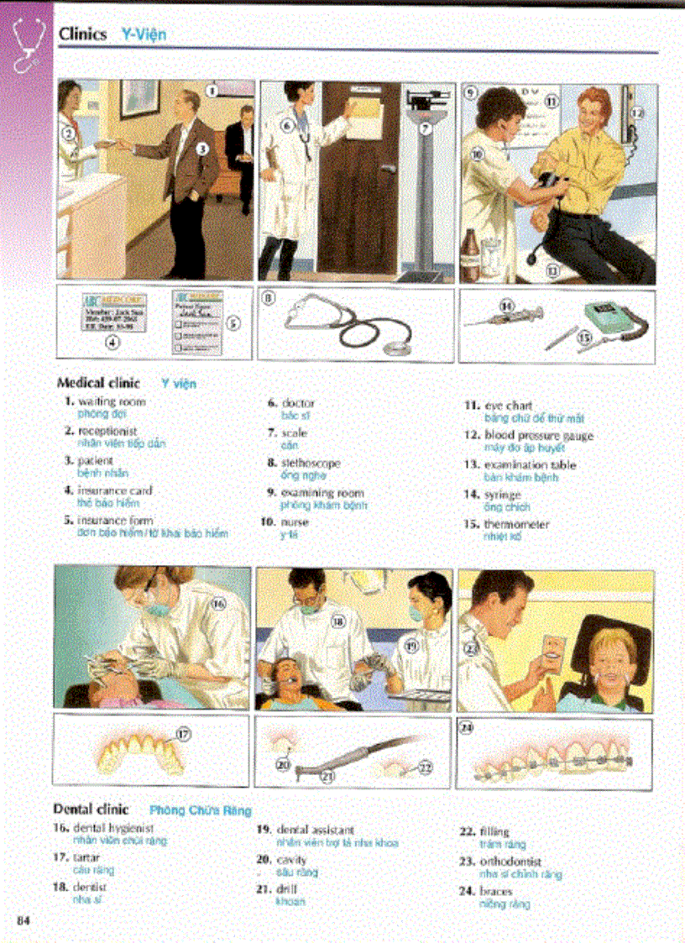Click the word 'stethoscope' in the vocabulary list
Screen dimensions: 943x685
click(311, 463)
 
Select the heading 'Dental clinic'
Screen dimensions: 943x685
click(92, 809)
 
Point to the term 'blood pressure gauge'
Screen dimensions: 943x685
click(538, 436)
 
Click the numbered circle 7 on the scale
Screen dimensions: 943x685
click(426, 128)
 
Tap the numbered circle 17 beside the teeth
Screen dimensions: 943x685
click(182, 733)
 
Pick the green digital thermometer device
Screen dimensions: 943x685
click(610, 320)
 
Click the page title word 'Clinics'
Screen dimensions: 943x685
click(82, 34)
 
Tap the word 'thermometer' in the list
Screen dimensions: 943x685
click(516, 525)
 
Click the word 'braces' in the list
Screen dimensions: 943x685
click(497, 892)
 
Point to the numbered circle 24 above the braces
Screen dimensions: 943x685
click(468, 729)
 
